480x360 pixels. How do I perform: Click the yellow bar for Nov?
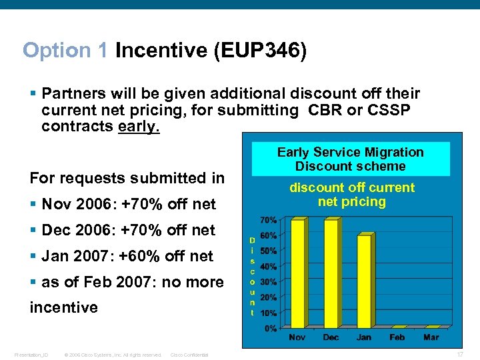[x=297, y=273]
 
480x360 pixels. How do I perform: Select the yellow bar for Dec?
[x=331, y=273]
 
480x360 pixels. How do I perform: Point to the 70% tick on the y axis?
[x=269, y=219]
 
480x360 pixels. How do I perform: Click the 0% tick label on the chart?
[x=271, y=328]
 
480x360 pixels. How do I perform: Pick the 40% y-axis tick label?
[x=269, y=266]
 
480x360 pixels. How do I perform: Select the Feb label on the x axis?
[x=397, y=337]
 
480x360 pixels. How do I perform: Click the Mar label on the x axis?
[x=431, y=337]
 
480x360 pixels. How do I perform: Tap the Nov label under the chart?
[x=297, y=337]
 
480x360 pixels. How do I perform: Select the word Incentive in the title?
[x=160, y=51]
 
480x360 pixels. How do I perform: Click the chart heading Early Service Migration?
[x=350, y=152]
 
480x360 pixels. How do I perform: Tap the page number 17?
[x=461, y=355]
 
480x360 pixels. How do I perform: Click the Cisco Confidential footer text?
[x=190, y=355]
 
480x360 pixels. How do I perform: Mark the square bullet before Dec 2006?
[x=33, y=230]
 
